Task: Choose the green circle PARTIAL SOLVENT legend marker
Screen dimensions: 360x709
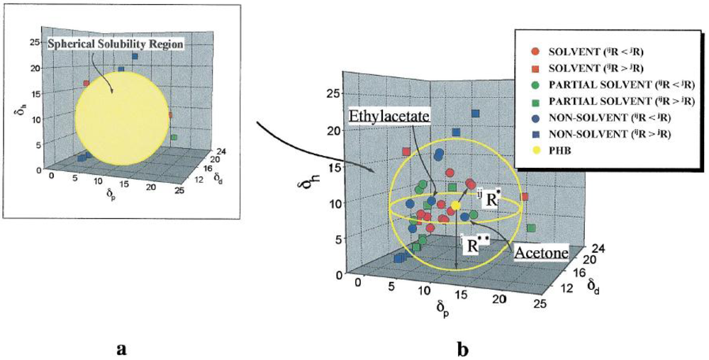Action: (535, 85)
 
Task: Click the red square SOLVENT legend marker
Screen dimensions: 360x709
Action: (535, 69)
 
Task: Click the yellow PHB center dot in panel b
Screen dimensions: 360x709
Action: (456, 205)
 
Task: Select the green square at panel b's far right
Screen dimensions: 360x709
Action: (532, 228)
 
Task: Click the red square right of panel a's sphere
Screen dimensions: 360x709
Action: (170, 115)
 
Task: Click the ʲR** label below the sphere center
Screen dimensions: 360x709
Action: (471, 245)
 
